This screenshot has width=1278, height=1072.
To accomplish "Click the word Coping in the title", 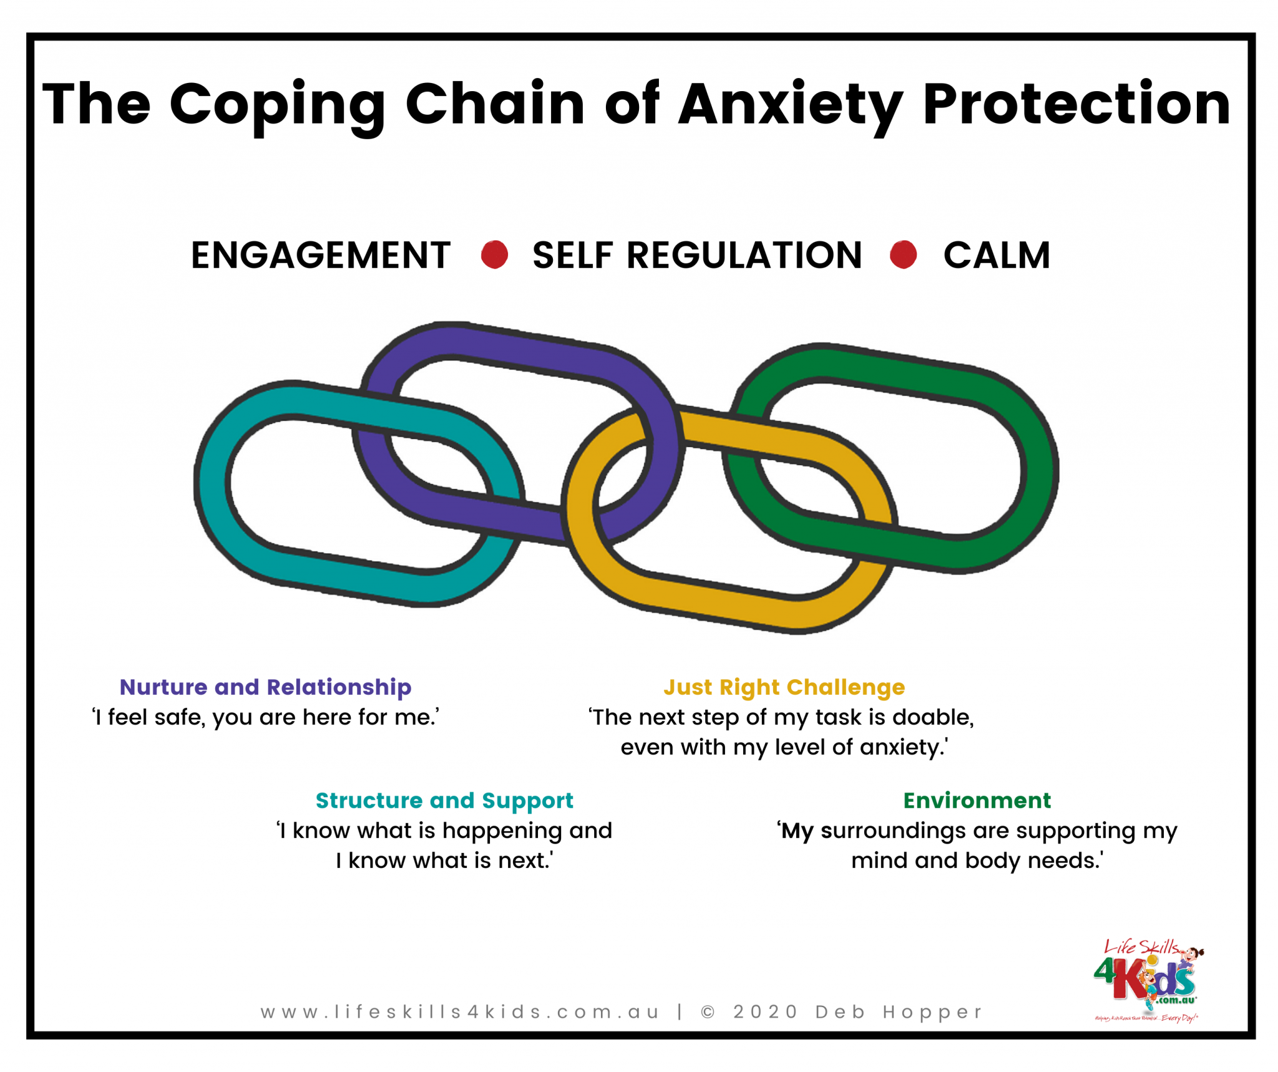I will (x=276, y=105).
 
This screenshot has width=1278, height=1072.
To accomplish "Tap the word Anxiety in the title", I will (x=790, y=105).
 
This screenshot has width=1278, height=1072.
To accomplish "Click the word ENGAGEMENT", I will (x=321, y=255).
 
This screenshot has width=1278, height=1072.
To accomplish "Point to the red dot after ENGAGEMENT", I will (x=494, y=255).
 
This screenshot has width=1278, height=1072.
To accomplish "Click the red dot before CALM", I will (x=903, y=255).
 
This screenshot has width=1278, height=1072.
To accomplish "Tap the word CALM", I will (x=997, y=255).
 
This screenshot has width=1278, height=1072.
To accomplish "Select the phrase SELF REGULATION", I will (x=697, y=255).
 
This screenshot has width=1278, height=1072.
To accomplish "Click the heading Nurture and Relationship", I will (x=265, y=687).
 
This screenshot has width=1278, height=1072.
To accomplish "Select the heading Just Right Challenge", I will (x=784, y=687).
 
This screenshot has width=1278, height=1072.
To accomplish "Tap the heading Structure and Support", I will (x=444, y=800).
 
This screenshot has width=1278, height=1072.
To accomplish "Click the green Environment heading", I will (x=977, y=800).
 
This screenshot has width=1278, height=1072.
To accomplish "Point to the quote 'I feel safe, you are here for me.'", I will (x=265, y=717).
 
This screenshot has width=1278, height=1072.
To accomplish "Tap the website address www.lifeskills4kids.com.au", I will (x=460, y=1011).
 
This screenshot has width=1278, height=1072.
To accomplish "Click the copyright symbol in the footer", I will (x=708, y=1011).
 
